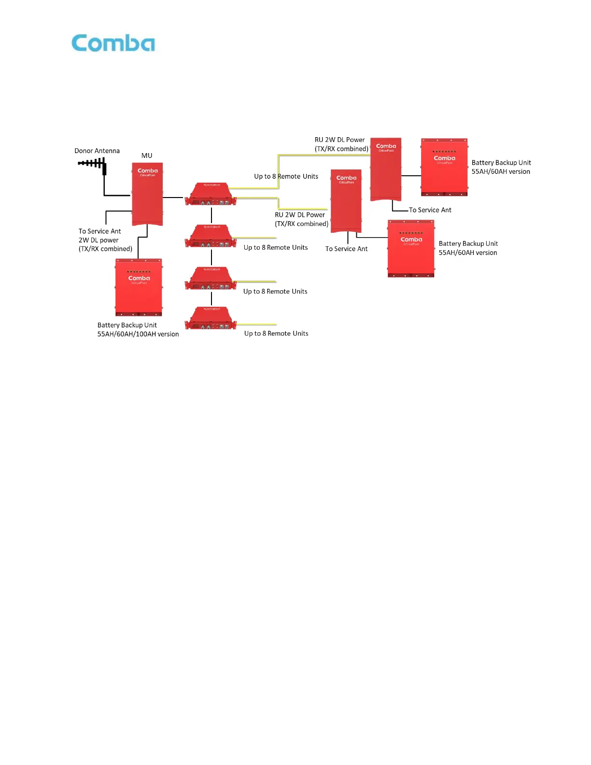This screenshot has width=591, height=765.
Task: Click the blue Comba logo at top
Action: coord(113,43)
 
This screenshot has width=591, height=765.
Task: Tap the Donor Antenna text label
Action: coord(97,151)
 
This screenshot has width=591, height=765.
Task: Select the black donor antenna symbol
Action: coord(93,165)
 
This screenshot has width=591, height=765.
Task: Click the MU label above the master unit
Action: coord(147,156)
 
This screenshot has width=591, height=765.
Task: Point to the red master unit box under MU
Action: coord(147,194)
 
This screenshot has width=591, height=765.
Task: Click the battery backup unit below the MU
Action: coord(139,287)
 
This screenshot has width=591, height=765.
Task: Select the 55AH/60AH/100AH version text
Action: coord(138,334)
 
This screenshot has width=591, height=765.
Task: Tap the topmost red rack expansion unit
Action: coord(211,195)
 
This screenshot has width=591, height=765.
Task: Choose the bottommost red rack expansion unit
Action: coord(211,319)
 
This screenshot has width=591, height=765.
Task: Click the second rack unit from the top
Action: coord(211,236)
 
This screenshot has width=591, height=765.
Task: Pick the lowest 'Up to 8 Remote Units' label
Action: coord(276,333)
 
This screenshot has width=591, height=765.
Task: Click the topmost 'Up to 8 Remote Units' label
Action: coord(286,176)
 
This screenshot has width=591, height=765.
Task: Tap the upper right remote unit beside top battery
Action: coord(386,169)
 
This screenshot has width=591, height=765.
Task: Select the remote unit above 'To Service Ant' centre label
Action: coord(346,200)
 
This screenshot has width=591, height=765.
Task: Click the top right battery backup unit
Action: coord(444,167)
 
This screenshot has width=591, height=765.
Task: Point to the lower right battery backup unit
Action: coord(411,248)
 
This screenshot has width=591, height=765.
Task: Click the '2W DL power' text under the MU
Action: coord(98,240)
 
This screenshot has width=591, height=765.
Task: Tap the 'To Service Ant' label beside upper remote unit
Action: coord(430,210)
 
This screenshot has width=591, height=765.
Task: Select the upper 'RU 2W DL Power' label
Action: coord(340,140)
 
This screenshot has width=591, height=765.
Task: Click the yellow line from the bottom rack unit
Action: coord(256,325)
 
